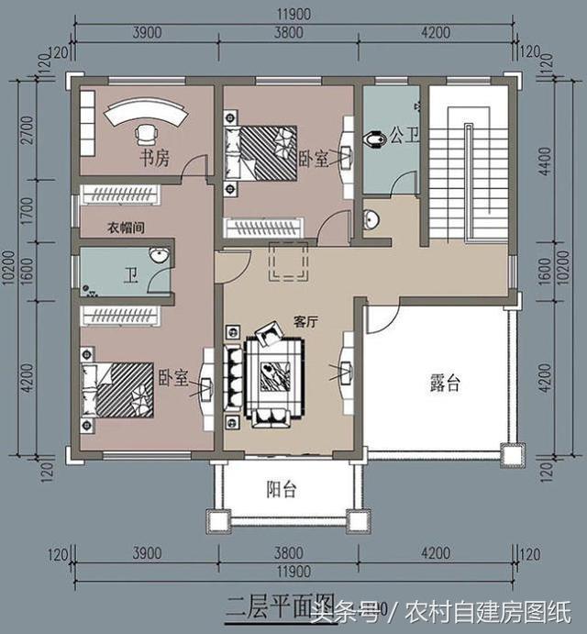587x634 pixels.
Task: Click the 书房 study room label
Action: [x=154, y=159]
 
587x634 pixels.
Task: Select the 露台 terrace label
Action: [x=444, y=383]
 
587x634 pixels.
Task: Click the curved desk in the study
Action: [x=145, y=117]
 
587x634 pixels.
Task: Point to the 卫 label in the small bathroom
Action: [x=131, y=273]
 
